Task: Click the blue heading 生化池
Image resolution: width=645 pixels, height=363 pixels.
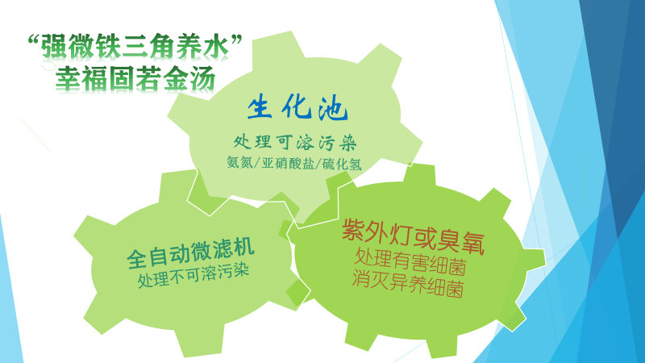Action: click(x=298, y=108)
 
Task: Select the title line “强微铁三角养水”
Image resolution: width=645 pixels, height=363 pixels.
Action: click(x=135, y=46)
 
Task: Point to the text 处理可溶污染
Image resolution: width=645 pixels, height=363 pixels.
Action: click(x=295, y=143)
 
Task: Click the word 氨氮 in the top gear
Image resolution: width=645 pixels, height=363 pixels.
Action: click(x=239, y=162)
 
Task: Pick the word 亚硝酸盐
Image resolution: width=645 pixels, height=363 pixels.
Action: click(x=288, y=163)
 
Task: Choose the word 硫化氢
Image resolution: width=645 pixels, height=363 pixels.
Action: click(x=342, y=164)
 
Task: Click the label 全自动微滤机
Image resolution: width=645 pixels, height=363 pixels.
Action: click(x=190, y=252)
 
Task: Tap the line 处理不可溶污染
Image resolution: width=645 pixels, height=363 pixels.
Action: click(x=193, y=274)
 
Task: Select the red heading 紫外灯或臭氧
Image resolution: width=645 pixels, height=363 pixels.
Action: click(x=413, y=236)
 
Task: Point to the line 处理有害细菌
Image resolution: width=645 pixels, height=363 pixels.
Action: click(x=410, y=261)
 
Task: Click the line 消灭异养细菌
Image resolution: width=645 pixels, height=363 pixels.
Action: click(x=408, y=284)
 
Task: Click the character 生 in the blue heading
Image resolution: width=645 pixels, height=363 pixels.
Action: click(x=260, y=107)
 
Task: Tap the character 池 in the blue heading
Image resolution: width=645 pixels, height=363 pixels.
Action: click(x=334, y=109)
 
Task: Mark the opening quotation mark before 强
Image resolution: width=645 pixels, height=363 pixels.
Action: click(x=33, y=40)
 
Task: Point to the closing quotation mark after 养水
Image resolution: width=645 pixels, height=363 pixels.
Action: click(x=236, y=40)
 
